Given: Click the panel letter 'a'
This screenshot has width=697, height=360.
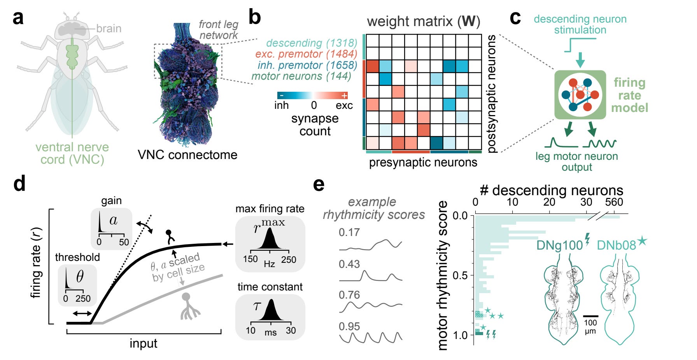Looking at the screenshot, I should (x=18, y=18).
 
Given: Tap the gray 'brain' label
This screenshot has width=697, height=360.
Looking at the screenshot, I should (x=109, y=29).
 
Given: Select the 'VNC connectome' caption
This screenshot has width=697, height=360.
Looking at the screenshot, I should (x=187, y=155).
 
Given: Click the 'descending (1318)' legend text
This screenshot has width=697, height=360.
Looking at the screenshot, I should (x=312, y=43).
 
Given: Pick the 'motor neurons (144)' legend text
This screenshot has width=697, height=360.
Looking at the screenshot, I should (x=301, y=76).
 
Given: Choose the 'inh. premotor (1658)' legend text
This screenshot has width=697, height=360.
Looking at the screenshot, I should (x=307, y=65).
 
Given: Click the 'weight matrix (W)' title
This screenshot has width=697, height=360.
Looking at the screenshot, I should (x=423, y=21).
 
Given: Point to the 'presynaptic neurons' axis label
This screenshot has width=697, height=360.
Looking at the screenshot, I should (x=423, y=162).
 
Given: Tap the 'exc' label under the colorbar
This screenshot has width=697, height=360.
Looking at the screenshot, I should (x=344, y=105).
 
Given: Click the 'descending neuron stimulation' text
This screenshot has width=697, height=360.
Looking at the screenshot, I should (x=580, y=24).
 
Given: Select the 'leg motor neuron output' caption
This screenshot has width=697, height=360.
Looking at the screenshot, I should (x=576, y=161).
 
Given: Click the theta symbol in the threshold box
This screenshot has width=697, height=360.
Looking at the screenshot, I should (x=80, y=276).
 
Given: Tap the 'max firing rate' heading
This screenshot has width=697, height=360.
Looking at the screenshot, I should (x=270, y=209).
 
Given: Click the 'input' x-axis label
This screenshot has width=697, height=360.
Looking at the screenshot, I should (x=143, y=343).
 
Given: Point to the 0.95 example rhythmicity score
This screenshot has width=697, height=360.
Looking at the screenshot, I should (x=349, y=327).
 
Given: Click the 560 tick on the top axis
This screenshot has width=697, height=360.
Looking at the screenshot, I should (x=614, y=202).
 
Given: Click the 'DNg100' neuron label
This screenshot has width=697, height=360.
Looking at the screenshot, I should (x=559, y=245).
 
